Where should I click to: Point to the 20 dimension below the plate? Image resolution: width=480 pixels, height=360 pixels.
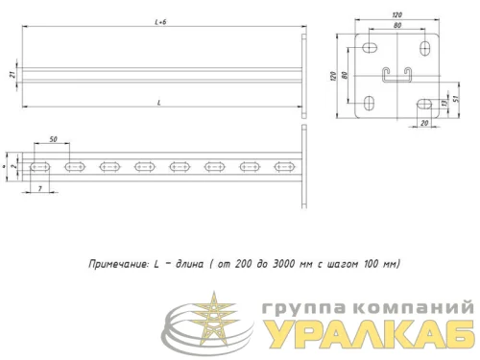(422, 124)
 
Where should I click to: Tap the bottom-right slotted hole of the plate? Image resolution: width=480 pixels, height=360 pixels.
(422, 101)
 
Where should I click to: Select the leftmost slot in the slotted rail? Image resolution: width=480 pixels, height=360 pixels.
(41, 167)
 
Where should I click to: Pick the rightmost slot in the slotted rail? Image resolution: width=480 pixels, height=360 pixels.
(284, 167)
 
